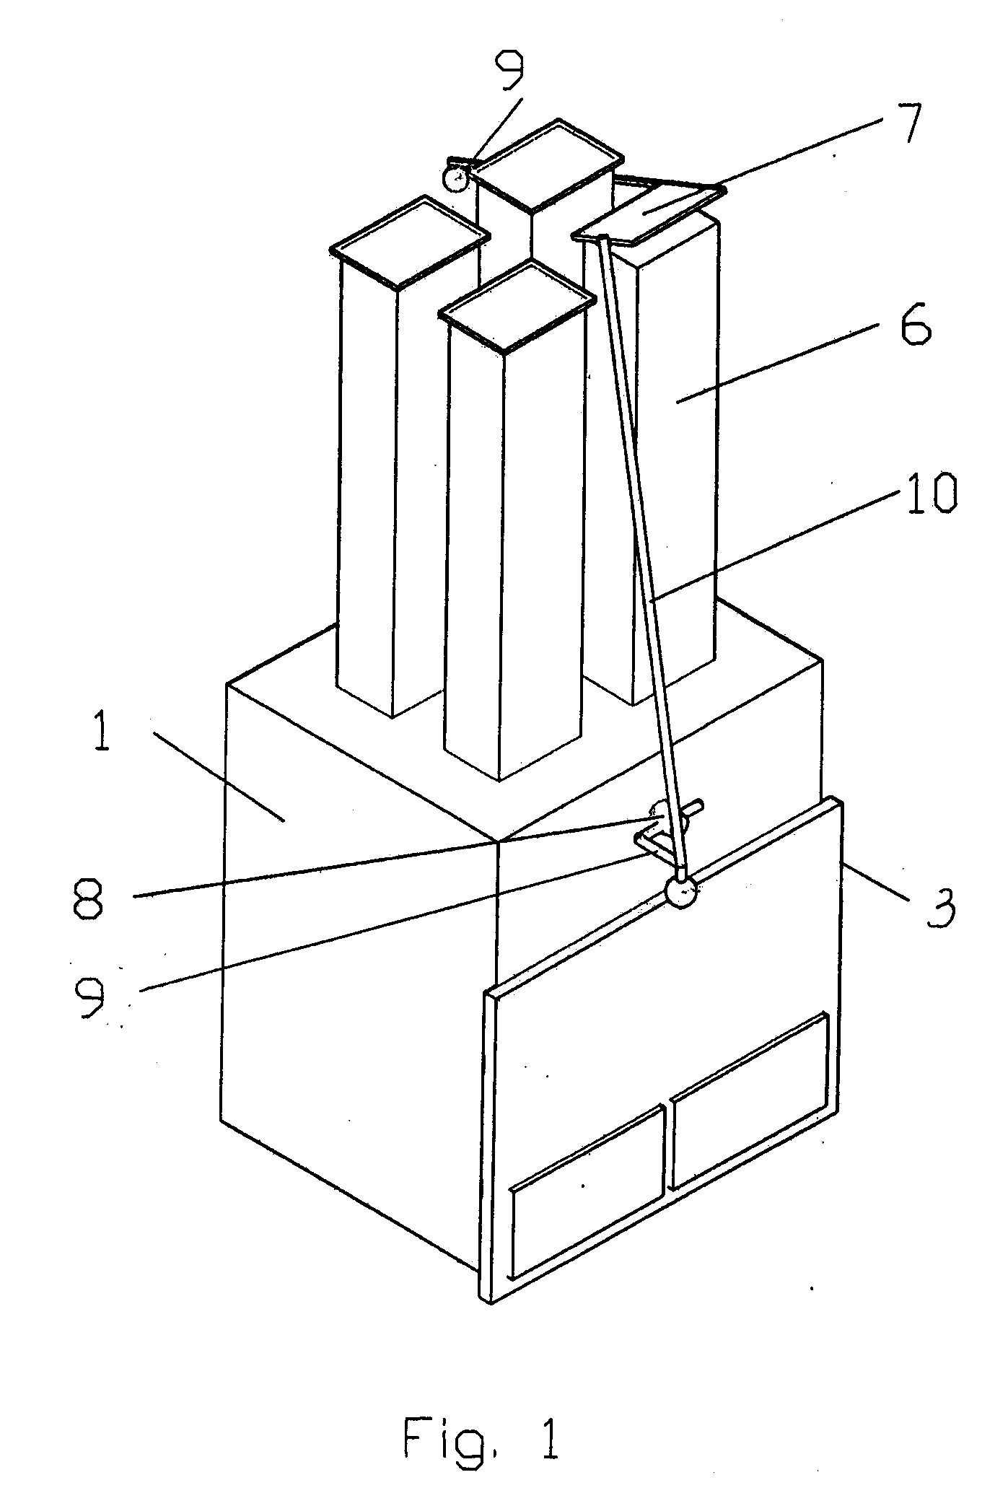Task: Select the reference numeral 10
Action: [x=932, y=493]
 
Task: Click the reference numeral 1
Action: [x=102, y=728]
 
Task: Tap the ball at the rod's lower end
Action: [x=682, y=892]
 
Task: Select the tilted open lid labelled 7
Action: [x=649, y=211]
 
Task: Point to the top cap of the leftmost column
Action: [x=409, y=243]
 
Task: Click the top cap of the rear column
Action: [x=549, y=165]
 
